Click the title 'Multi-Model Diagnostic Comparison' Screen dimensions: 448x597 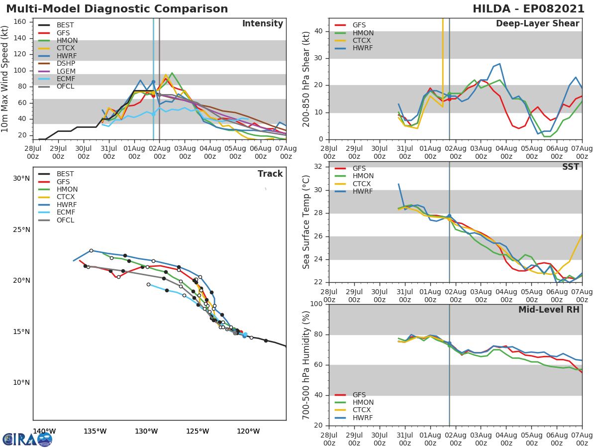(117, 9)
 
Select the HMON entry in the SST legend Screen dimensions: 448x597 (362, 176)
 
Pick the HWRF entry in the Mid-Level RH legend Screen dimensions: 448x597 (362, 418)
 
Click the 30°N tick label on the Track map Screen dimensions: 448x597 (21, 178)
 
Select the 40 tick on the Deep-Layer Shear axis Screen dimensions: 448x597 (320, 31)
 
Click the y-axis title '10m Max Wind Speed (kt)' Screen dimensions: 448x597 (5, 80)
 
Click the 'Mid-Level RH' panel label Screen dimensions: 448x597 (549, 310)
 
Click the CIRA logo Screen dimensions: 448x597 (27, 439)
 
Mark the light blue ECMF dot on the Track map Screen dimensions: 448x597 (245, 335)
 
